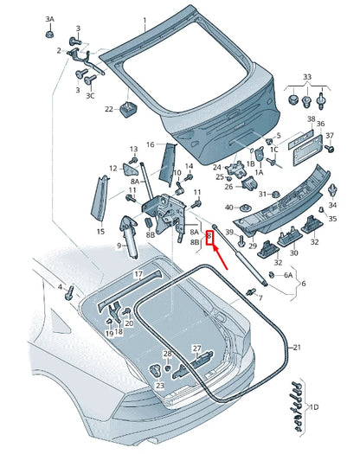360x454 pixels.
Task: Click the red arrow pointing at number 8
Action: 221,258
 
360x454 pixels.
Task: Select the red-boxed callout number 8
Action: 209,238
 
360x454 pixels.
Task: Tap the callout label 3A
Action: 49,19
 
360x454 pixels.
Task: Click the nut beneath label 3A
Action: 49,34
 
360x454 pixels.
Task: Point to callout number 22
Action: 109,109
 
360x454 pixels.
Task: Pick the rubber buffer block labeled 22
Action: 128,109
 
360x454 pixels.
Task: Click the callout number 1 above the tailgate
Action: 145,21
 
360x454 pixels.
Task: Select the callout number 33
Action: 307,77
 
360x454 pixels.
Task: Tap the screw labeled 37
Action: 329,149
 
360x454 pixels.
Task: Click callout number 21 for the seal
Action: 297,347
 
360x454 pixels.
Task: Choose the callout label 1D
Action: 314,406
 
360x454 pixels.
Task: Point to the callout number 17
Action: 138,274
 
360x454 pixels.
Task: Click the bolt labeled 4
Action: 69,293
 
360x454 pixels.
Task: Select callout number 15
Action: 100,232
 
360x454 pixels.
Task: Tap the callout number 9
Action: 119,246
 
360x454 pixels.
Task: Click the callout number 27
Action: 197,348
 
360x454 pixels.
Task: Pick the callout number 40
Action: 229,208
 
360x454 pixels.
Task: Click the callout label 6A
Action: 288,275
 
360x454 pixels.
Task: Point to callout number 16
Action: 151,144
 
